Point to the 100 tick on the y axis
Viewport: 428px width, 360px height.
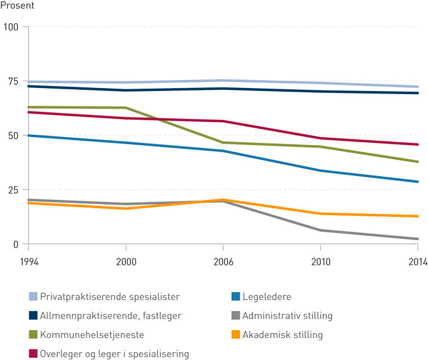(x=11, y=27)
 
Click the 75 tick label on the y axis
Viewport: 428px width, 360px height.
(x=13, y=81)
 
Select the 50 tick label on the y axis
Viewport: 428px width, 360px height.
(x=13, y=135)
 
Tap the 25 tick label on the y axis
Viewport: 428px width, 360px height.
(x=13, y=189)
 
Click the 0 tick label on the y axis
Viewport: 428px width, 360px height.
(x=15, y=244)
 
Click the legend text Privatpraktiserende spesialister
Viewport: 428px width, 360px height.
(x=113, y=296)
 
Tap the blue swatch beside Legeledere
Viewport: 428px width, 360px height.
(x=235, y=296)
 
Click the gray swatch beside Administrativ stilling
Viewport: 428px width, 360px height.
(x=235, y=315)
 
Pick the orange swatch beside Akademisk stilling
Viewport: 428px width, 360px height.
(x=235, y=334)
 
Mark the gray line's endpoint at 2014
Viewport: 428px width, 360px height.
(x=418, y=239)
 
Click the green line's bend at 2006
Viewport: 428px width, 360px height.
(x=223, y=142)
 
